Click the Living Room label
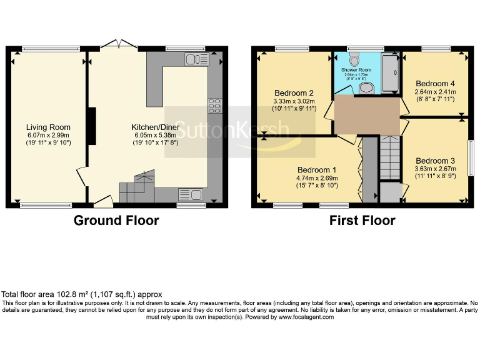[x=48, y=127]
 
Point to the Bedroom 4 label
[x=436, y=84]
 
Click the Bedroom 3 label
[x=435, y=161]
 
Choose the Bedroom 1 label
[x=317, y=170]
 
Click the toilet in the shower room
[x=356, y=59]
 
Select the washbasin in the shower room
[x=367, y=87]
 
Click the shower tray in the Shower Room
[x=390, y=73]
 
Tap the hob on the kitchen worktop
[x=215, y=106]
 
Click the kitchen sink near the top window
[x=196, y=59]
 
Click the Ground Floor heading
[x=116, y=221]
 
